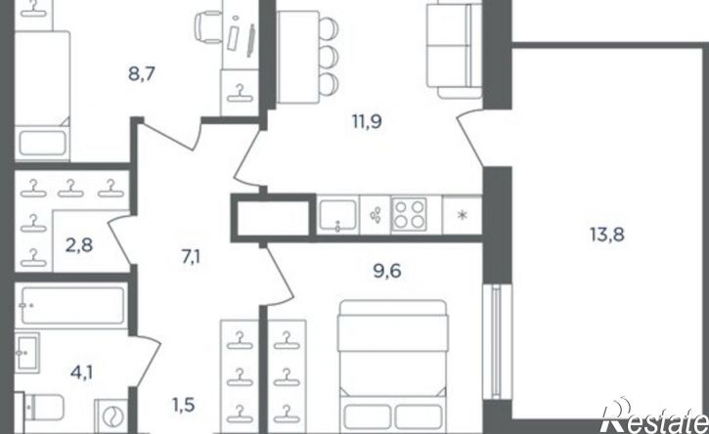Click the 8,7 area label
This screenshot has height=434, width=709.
[142, 73]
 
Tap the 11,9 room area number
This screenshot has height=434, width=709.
[367, 121]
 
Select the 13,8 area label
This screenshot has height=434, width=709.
[607, 235]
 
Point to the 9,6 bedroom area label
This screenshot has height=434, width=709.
[387, 272]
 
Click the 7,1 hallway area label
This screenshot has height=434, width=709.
[192, 258]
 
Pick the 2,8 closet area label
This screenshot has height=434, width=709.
[79, 245]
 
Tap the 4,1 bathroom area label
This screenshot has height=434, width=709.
[81, 372]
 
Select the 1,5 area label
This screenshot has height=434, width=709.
[184, 405]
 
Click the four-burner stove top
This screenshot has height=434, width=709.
[409, 215]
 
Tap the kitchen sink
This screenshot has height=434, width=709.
[337, 215]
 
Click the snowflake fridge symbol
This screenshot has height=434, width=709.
[462, 215]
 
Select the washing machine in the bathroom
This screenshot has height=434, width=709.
[111, 416]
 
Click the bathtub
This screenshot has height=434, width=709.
[71, 306]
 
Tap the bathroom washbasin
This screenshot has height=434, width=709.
[26, 353]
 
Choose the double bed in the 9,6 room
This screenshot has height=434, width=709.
[392, 367]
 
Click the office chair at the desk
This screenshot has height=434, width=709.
[208, 27]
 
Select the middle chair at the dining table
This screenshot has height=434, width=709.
[329, 56]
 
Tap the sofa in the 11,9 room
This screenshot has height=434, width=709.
[455, 49]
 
